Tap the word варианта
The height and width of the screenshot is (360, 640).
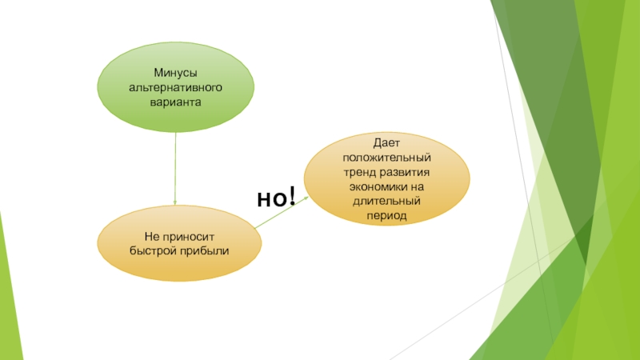tap(175, 102)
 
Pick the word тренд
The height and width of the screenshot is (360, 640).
tap(361, 173)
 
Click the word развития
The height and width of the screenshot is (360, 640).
tap(406, 173)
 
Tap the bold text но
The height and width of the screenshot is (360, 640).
tap(270, 198)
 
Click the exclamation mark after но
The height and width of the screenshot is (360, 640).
tap(291, 195)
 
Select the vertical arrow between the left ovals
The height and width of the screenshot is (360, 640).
tap(175, 168)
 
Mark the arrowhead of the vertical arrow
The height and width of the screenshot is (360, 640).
tap(175, 203)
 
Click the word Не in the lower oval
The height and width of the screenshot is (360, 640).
tap(152, 237)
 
